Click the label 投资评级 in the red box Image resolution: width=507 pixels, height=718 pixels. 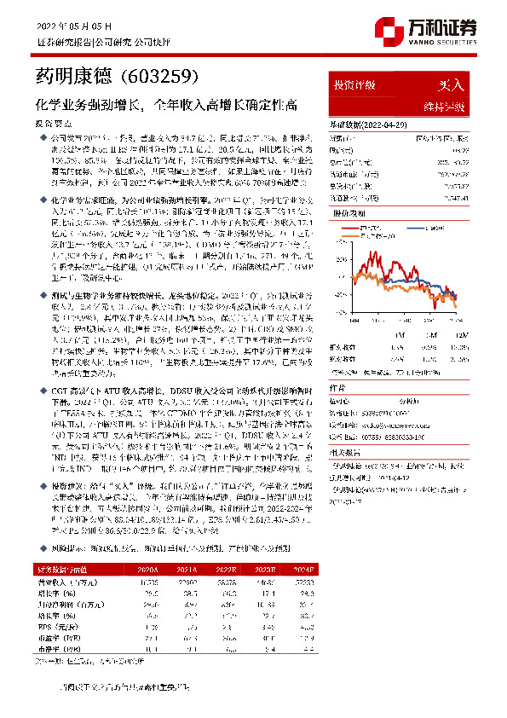tap(354, 85)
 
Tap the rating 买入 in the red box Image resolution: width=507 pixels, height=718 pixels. tap(450, 85)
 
